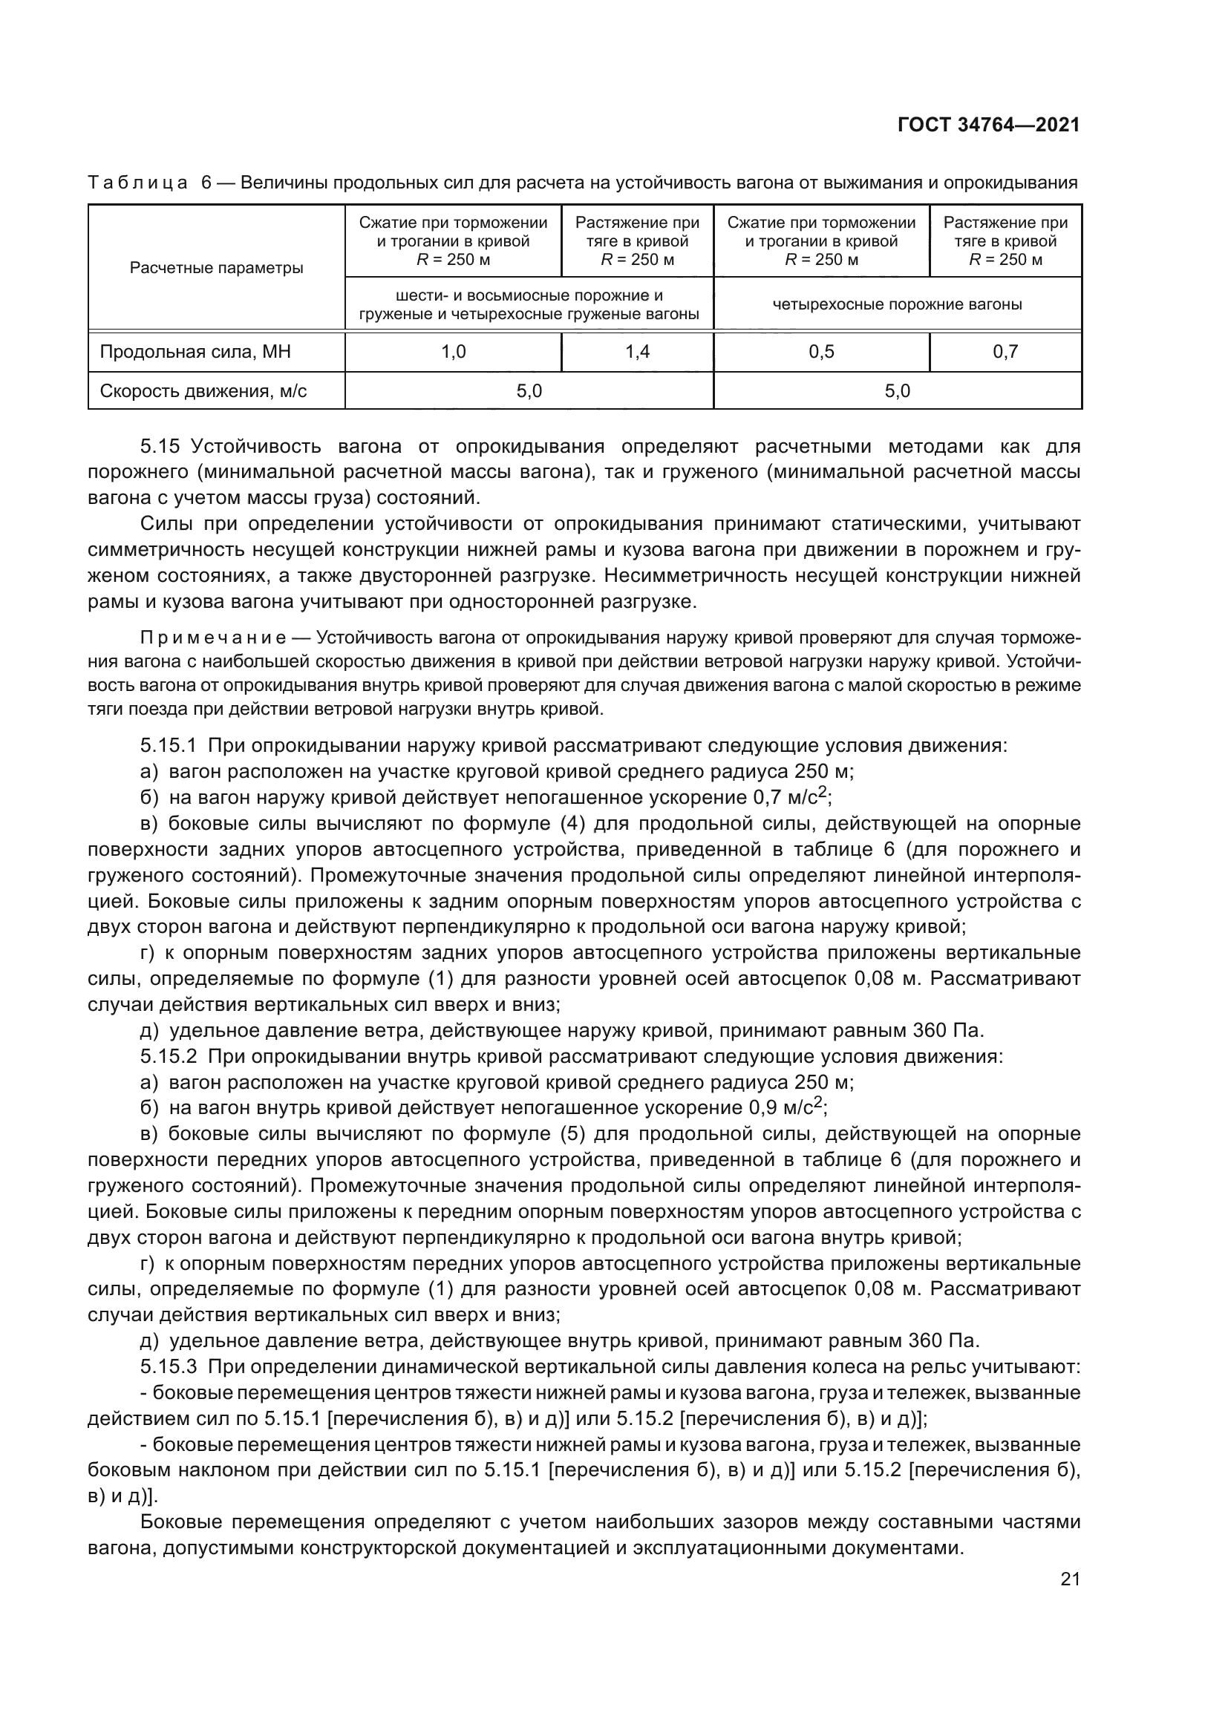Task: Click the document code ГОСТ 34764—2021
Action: point(988,125)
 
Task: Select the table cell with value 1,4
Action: point(638,353)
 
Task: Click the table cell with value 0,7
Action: point(1005,353)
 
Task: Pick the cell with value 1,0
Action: point(453,353)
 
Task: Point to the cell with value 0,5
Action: point(821,353)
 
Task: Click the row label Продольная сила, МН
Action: point(196,353)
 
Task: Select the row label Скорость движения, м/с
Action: point(203,391)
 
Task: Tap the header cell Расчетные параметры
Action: point(216,268)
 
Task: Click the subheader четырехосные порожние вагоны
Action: point(897,304)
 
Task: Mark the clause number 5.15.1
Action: point(168,746)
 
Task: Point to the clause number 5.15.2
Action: point(168,1056)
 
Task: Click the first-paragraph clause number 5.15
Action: point(159,447)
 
